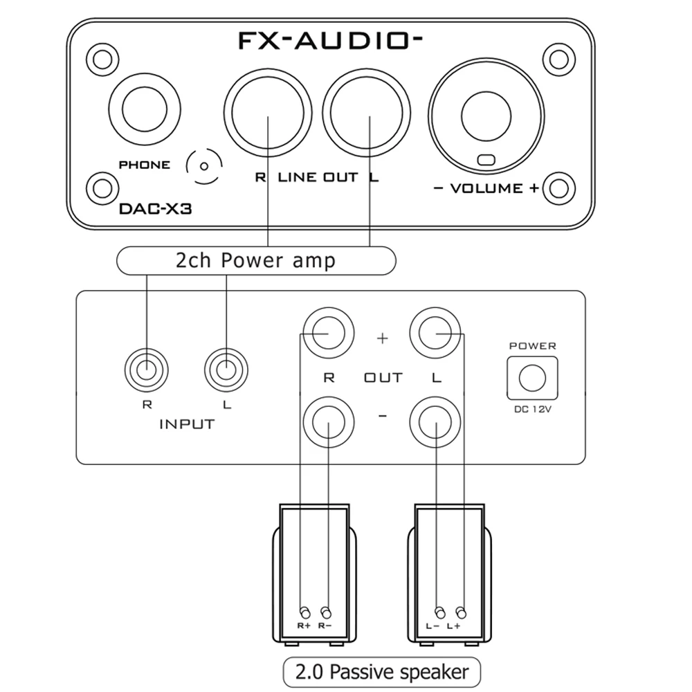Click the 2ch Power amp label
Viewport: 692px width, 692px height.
tap(255, 260)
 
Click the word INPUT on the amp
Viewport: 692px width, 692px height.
tap(187, 424)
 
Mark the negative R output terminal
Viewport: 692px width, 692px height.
tap(328, 421)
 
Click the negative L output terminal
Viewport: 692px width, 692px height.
tap(436, 421)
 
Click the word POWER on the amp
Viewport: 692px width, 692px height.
tap(532, 345)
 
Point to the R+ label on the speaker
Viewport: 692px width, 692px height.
tap(304, 626)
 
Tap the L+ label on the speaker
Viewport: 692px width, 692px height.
tap(454, 626)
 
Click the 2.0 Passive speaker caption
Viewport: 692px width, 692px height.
tap(381, 671)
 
